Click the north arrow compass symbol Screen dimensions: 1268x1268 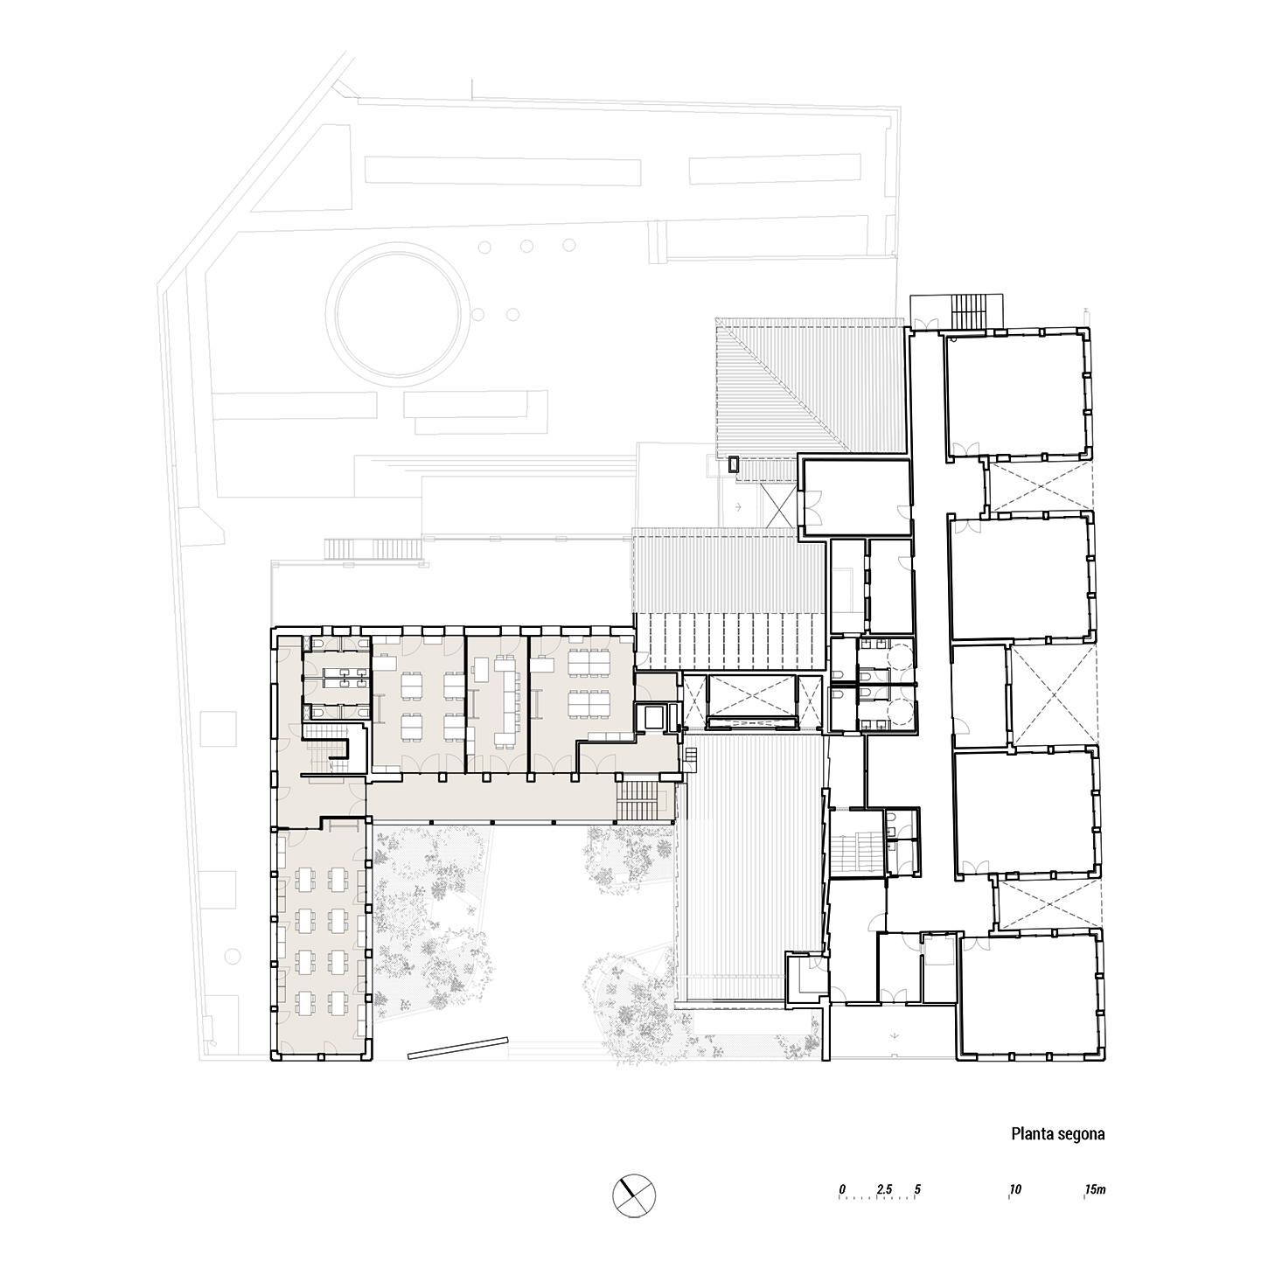tap(634, 1195)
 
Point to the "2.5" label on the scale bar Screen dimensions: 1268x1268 tap(884, 1189)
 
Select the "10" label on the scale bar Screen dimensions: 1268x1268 tap(1014, 1189)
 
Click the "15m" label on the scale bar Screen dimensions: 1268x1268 tap(1096, 1189)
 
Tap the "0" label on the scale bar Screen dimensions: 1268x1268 tap(841, 1189)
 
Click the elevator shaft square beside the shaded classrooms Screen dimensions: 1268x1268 tap(652, 717)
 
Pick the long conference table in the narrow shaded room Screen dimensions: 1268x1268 tap(505, 701)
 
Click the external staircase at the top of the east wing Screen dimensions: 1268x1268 tap(969, 310)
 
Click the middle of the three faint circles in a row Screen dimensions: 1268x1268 tap(526, 246)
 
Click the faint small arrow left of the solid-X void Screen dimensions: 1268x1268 tap(739, 506)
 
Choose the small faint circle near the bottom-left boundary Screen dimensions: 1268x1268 tap(232, 956)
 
